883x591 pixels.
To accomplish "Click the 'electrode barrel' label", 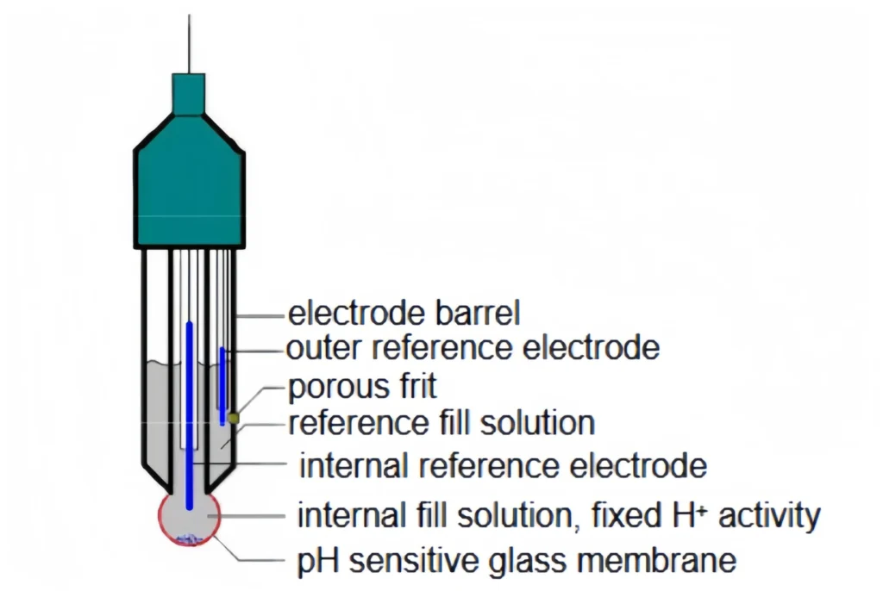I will point(404,313).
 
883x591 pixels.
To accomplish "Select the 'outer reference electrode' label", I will point(473,349).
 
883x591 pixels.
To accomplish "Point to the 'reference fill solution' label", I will point(441,424).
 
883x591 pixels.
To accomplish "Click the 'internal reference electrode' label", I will point(503,466).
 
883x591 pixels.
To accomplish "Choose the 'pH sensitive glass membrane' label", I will point(517,561).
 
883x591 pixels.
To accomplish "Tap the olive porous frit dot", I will point(233,418).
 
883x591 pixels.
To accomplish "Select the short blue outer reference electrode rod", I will point(222,383).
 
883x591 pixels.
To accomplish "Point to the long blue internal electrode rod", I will point(190,414).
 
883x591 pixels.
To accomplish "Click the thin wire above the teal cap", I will point(189,43).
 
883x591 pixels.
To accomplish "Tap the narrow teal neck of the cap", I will point(189,93).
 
